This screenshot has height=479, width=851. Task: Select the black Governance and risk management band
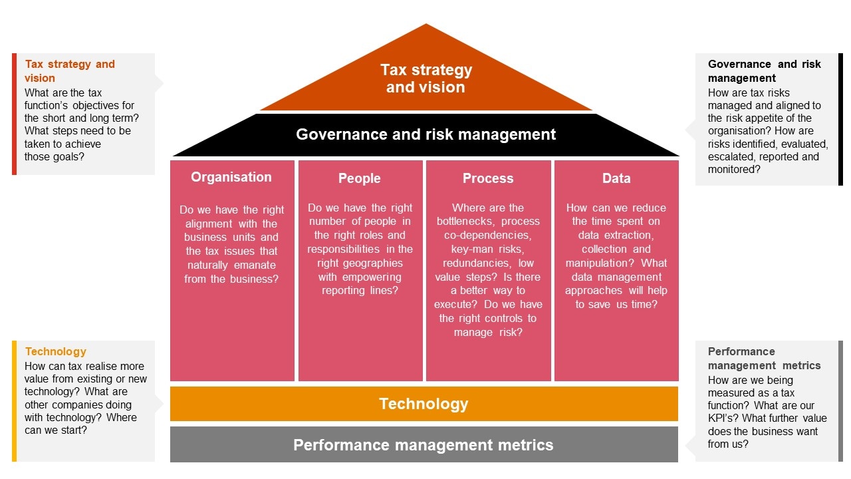click(x=425, y=134)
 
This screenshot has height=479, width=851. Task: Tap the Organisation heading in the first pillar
click(x=231, y=177)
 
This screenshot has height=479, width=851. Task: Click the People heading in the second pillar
click(x=360, y=178)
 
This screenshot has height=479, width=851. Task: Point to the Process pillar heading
click(x=488, y=178)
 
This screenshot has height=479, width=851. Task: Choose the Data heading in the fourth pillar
click(x=616, y=178)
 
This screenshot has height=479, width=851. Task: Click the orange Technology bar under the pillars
click(x=424, y=404)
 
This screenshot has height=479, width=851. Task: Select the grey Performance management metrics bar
click(x=424, y=445)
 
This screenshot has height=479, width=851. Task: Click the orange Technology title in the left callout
click(x=56, y=352)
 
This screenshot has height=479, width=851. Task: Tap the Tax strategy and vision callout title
click(x=70, y=71)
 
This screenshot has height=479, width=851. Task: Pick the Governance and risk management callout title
click(x=765, y=71)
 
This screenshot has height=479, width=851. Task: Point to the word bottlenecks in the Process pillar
click(x=465, y=222)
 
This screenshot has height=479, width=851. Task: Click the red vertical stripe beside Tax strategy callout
click(x=14, y=114)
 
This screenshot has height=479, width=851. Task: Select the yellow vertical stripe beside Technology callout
click(x=14, y=401)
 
